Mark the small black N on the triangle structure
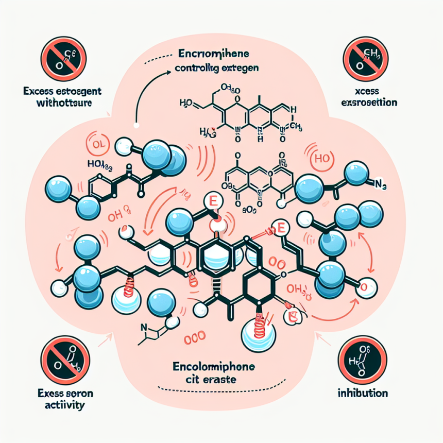tap(146, 326)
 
